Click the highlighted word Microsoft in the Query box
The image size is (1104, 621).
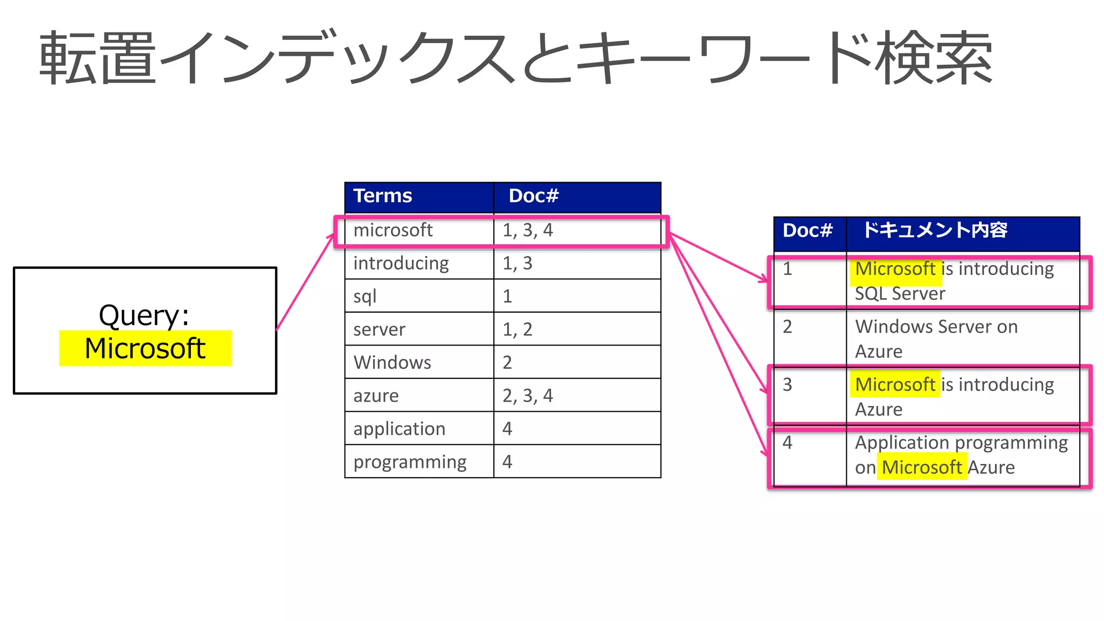(x=145, y=348)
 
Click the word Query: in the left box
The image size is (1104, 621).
(x=144, y=315)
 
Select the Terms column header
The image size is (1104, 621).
(x=383, y=196)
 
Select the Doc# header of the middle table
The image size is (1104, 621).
(x=534, y=196)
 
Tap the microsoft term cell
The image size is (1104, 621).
(x=393, y=230)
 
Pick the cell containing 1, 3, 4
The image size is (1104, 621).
(x=528, y=230)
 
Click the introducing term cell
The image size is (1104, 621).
(x=401, y=263)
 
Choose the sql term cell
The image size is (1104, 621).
(x=365, y=296)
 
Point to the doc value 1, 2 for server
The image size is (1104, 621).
(x=517, y=329)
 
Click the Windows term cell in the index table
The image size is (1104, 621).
(x=392, y=362)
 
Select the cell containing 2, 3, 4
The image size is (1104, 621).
(x=528, y=396)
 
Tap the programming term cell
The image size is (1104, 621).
(x=410, y=461)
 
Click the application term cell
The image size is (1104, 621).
(x=399, y=429)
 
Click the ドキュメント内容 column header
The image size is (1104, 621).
(x=935, y=230)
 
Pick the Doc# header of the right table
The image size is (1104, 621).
(x=808, y=230)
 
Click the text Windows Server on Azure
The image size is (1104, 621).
(x=936, y=339)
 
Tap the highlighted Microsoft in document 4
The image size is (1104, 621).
(x=922, y=467)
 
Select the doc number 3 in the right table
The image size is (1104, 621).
(x=788, y=384)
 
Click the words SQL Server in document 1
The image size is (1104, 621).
(x=900, y=294)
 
